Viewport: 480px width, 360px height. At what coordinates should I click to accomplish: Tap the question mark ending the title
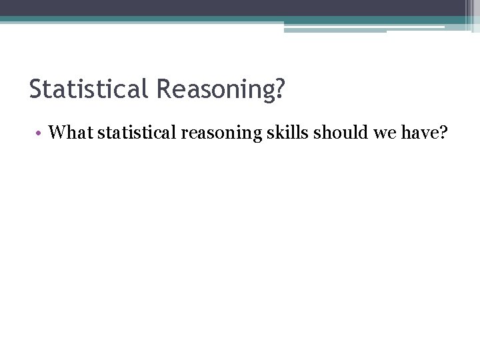point(279,89)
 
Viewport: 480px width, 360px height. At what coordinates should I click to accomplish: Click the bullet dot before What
point(40,133)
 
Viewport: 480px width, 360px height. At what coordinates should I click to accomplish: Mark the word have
point(413,133)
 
